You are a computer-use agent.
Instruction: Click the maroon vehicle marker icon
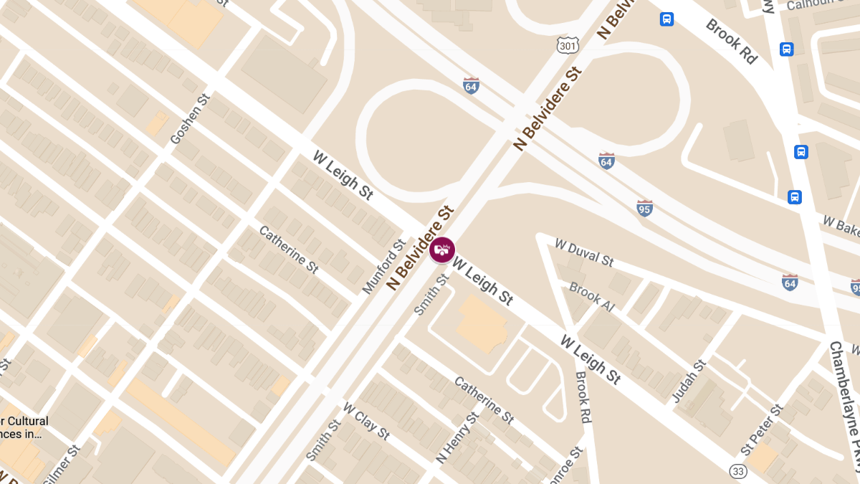[x=442, y=250]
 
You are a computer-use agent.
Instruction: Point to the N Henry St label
[x=457, y=437]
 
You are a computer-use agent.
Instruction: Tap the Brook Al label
[x=591, y=296]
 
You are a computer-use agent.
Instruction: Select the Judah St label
[x=689, y=381]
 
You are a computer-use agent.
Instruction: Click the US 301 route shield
[x=568, y=45]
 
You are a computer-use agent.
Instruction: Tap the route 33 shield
[x=738, y=471]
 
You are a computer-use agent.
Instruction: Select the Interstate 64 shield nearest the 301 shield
[x=471, y=86]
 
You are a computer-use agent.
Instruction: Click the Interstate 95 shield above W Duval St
[x=644, y=208]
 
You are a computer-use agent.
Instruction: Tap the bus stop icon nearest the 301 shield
[x=666, y=19]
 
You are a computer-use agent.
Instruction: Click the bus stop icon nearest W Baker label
[x=795, y=197]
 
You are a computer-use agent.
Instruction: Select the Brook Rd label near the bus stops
[x=731, y=41]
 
